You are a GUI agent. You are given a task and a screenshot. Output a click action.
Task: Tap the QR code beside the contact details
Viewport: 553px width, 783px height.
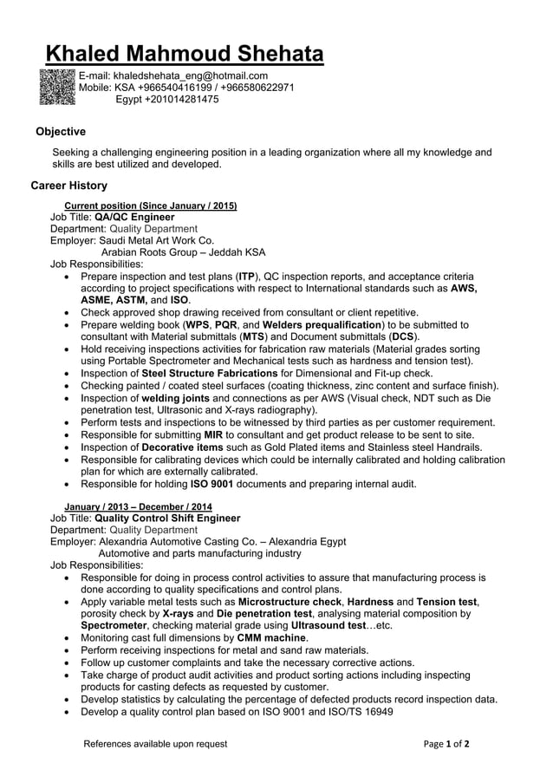tap(58, 87)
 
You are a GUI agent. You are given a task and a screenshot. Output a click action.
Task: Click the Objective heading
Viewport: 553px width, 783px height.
tap(60, 132)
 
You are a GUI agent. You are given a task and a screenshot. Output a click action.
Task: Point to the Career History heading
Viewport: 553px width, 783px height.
tap(69, 186)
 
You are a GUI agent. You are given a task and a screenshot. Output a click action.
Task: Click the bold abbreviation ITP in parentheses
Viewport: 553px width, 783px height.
tap(246, 277)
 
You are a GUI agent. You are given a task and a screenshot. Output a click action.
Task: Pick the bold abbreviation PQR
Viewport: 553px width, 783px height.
tap(226, 324)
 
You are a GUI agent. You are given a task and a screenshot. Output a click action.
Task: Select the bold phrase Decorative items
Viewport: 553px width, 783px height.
tap(184, 447)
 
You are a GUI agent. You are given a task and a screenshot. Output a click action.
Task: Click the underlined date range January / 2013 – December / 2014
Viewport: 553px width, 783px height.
tap(139, 506)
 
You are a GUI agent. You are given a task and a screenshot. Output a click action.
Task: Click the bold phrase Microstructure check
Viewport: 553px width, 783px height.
tap(290, 601)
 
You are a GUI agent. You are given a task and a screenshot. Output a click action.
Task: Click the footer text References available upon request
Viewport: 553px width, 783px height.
tap(155, 743)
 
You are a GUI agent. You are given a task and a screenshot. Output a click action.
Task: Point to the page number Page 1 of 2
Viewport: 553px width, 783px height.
tap(446, 743)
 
